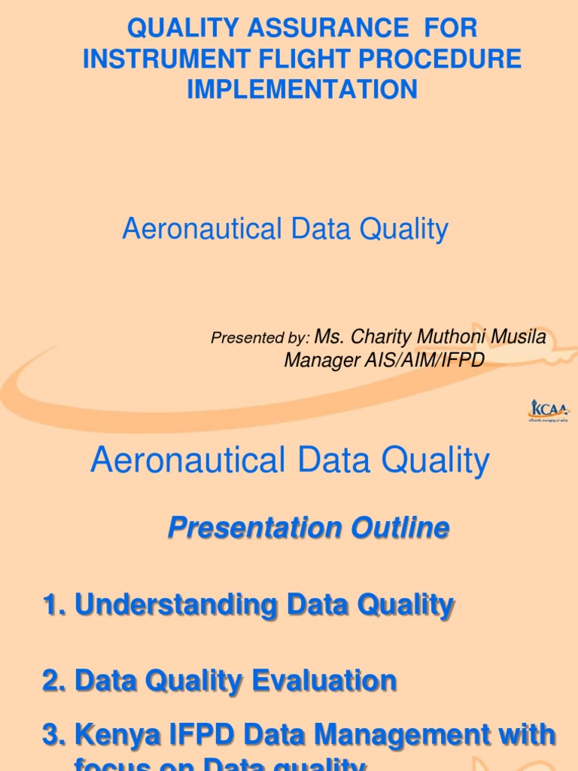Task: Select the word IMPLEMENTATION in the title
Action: point(302,89)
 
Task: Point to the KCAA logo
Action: point(549,411)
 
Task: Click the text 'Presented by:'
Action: point(260,339)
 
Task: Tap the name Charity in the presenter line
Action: point(379,337)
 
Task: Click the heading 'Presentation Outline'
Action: point(308,528)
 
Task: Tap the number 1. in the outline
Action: point(55,605)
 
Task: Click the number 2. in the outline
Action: point(55,681)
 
